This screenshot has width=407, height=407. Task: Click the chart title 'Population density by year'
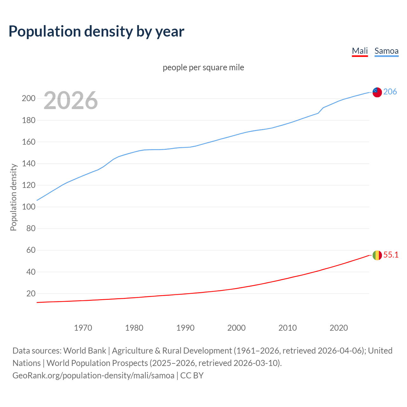[96, 31]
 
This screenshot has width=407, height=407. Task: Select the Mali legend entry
[360, 51]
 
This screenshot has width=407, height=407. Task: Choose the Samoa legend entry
[386, 51]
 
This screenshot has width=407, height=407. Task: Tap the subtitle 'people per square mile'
[203, 67]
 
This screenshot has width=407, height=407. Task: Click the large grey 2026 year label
[71, 100]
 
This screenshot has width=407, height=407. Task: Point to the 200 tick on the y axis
[28, 99]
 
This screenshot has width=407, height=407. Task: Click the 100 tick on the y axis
[28, 207]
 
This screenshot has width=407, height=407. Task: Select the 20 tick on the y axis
[31, 293]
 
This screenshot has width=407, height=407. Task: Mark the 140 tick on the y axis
[28, 163]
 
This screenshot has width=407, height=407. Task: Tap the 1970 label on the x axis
[83, 328]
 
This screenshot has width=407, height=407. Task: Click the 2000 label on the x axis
[236, 328]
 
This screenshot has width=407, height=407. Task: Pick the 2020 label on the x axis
[339, 328]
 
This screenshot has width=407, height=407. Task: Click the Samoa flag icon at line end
[377, 92]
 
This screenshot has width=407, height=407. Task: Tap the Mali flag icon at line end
[377, 255]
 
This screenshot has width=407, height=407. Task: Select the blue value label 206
[390, 92]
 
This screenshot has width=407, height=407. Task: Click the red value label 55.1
[391, 255]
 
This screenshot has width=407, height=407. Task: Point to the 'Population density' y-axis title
[13, 197]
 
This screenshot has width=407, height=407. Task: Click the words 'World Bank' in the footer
[85, 351]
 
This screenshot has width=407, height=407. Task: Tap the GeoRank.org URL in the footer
[93, 376]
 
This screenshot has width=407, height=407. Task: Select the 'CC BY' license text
[192, 376]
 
